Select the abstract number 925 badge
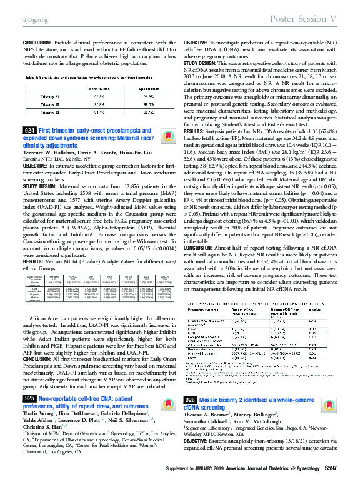(x=29, y=363)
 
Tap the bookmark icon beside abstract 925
(x=166, y=367)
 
